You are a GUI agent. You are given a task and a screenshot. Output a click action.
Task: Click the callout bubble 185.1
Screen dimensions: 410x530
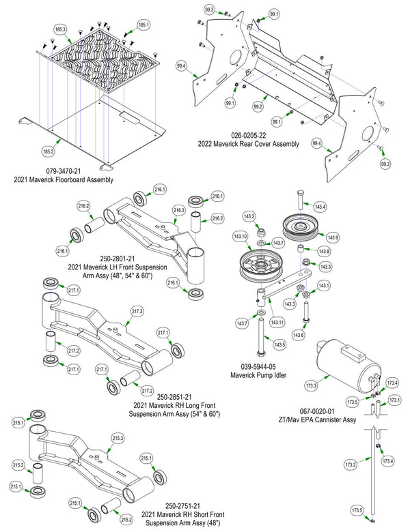point(143,25)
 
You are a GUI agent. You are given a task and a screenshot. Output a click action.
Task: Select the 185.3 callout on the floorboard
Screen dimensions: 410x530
point(61,29)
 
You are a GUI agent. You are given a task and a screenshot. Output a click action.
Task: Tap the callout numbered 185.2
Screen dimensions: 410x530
point(48,151)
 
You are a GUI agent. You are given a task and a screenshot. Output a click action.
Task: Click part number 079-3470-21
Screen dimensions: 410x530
point(64,171)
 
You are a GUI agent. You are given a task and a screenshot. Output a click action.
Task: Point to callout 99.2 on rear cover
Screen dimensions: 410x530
point(258,107)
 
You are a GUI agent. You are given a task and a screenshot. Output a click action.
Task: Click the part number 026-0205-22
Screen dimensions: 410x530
point(249,136)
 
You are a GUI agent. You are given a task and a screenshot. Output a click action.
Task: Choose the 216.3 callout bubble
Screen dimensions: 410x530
point(179,210)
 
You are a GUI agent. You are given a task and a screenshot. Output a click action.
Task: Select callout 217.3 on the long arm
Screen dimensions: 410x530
point(137,311)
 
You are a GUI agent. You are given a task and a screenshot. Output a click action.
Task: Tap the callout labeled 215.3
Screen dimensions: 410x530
point(118,439)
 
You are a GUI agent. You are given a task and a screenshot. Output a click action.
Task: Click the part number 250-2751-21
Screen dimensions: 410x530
point(182,506)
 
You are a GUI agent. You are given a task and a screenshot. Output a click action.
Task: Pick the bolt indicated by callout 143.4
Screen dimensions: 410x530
point(300,201)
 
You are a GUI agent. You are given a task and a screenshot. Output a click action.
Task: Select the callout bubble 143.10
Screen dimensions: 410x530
point(240,236)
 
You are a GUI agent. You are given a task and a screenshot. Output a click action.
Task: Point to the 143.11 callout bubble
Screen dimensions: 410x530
point(277,323)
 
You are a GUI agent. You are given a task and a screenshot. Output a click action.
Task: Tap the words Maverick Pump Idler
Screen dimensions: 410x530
point(258,375)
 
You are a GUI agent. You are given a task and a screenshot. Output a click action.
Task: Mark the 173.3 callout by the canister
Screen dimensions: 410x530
point(311,385)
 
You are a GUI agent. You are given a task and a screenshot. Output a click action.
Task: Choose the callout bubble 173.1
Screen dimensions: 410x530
point(395,400)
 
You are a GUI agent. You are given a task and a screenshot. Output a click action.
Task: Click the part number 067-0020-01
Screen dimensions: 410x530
point(317,411)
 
